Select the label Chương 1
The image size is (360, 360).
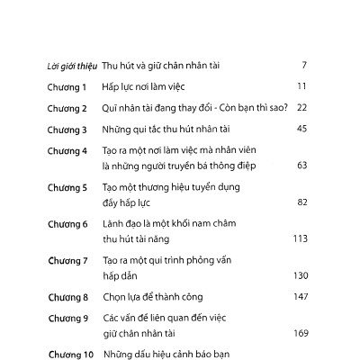tap(67, 86)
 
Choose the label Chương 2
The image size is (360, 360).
tap(67, 108)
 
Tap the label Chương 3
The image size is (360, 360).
tap(67, 130)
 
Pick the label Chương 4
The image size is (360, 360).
tap(67, 151)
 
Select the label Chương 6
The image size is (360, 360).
tap(67, 224)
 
